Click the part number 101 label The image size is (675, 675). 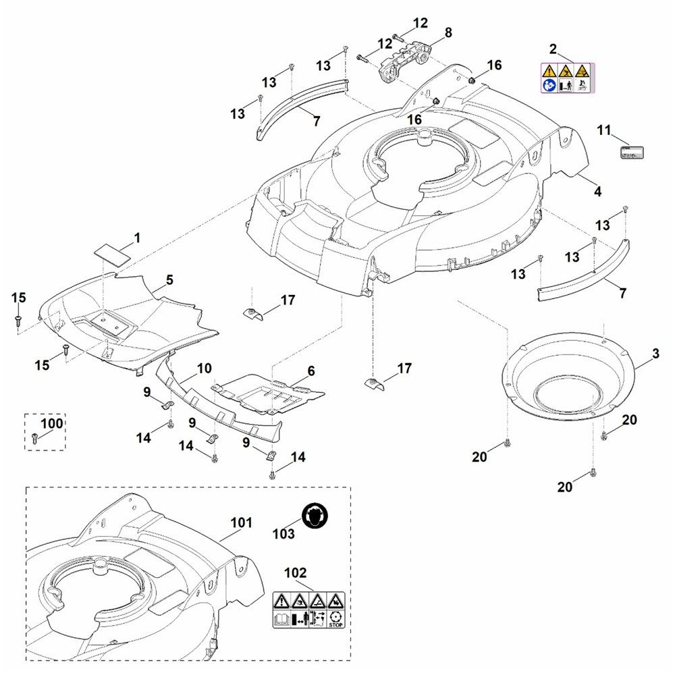[x=241, y=522]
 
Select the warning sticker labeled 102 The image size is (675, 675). [x=308, y=609]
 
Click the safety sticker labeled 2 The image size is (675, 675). [x=566, y=78]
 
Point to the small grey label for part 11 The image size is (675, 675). [x=632, y=152]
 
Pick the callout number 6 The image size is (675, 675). [x=311, y=371]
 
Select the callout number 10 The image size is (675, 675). [x=204, y=369]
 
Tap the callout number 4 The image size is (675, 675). [x=597, y=192]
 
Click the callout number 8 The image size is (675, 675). [x=448, y=32]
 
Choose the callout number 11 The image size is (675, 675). [x=603, y=129]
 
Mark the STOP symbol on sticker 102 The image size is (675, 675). [x=335, y=618]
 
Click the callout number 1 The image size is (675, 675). [x=137, y=238]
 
